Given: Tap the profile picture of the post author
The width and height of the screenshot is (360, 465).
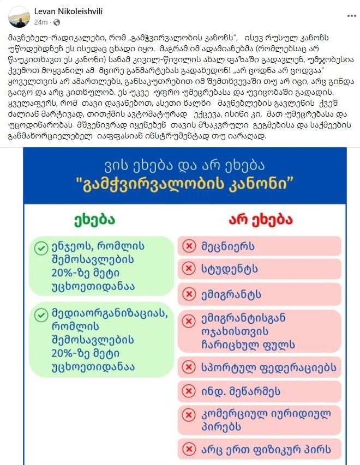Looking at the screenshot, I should point(19,17).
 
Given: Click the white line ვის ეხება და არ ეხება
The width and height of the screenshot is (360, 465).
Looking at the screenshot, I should point(184,164).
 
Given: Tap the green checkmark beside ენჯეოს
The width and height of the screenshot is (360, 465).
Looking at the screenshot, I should point(41,249).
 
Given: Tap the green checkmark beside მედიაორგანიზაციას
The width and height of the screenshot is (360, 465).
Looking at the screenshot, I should point(41,315).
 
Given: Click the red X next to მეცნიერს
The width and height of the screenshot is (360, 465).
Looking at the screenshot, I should point(189,246).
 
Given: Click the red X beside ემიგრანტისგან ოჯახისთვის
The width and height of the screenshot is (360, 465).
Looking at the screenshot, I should point(189,319).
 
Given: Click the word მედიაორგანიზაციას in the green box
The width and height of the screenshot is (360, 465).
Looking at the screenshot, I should point(101,315).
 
